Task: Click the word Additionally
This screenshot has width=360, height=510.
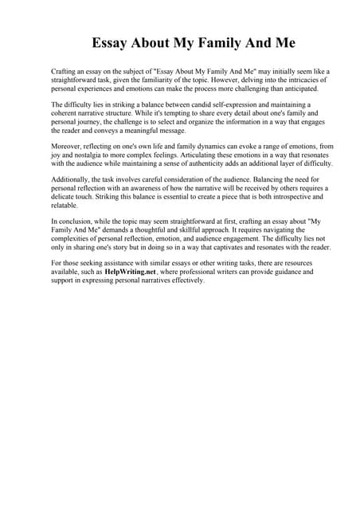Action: coord(74,179)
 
